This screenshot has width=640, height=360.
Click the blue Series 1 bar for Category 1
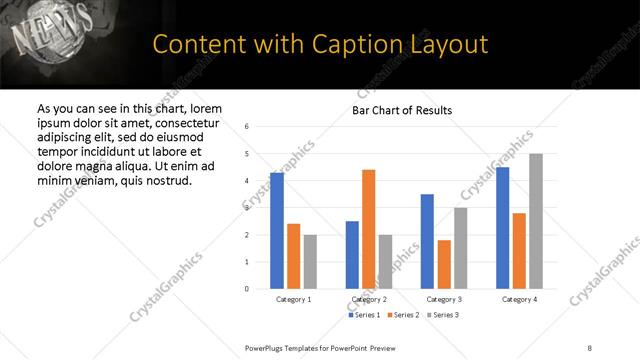(x=277, y=231)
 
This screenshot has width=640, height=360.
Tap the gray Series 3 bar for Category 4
(x=536, y=221)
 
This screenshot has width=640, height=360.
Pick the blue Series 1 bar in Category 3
(x=427, y=241)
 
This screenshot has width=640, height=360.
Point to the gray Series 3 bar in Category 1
(x=310, y=262)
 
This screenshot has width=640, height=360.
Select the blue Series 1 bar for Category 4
(x=502, y=228)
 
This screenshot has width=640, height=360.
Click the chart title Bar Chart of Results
(x=402, y=110)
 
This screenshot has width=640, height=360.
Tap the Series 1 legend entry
(x=364, y=315)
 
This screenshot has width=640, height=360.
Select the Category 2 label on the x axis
(x=369, y=299)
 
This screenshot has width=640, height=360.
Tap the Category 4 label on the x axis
(x=519, y=299)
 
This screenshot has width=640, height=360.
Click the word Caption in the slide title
(x=326, y=44)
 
